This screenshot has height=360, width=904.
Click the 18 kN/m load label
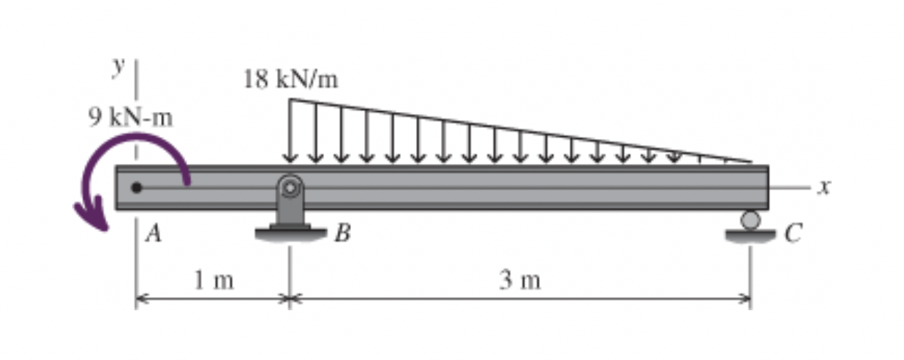click(290, 80)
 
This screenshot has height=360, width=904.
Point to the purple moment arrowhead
click(91, 215)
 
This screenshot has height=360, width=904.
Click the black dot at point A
click(136, 187)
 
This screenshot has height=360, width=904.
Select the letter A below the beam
click(153, 233)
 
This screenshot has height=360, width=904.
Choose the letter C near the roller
click(793, 233)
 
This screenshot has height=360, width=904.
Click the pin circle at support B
click(290, 188)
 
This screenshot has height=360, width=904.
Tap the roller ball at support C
click(750, 220)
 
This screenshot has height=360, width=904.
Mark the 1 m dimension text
click(214, 280)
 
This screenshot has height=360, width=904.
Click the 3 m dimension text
click(520, 280)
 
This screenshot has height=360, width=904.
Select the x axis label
click(825, 187)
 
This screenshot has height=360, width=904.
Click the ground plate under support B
click(290, 233)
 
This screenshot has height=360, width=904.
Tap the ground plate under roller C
click(750, 235)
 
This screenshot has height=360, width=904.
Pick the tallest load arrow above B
click(290, 130)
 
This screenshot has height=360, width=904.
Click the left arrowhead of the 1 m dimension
click(140, 299)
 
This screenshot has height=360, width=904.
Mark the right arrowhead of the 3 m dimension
click(746, 299)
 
